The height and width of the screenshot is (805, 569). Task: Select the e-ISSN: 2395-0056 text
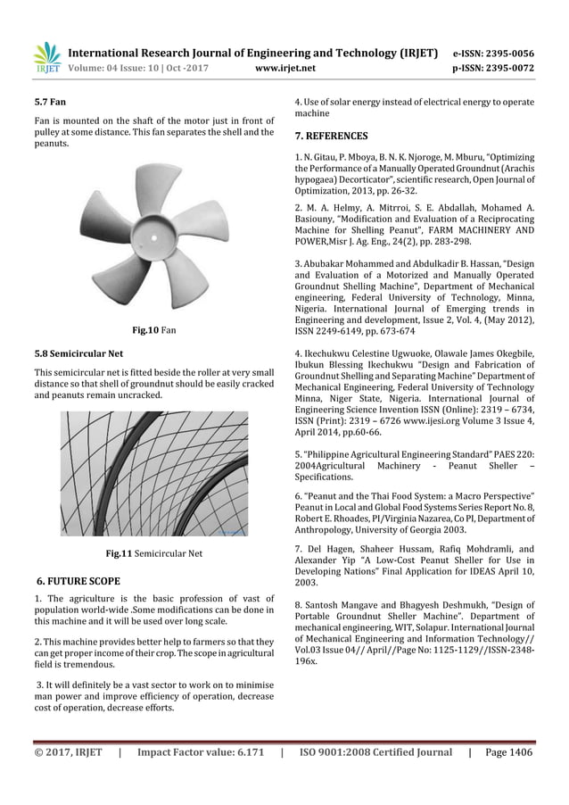[495, 53]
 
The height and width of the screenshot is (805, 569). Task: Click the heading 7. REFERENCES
[331, 137]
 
